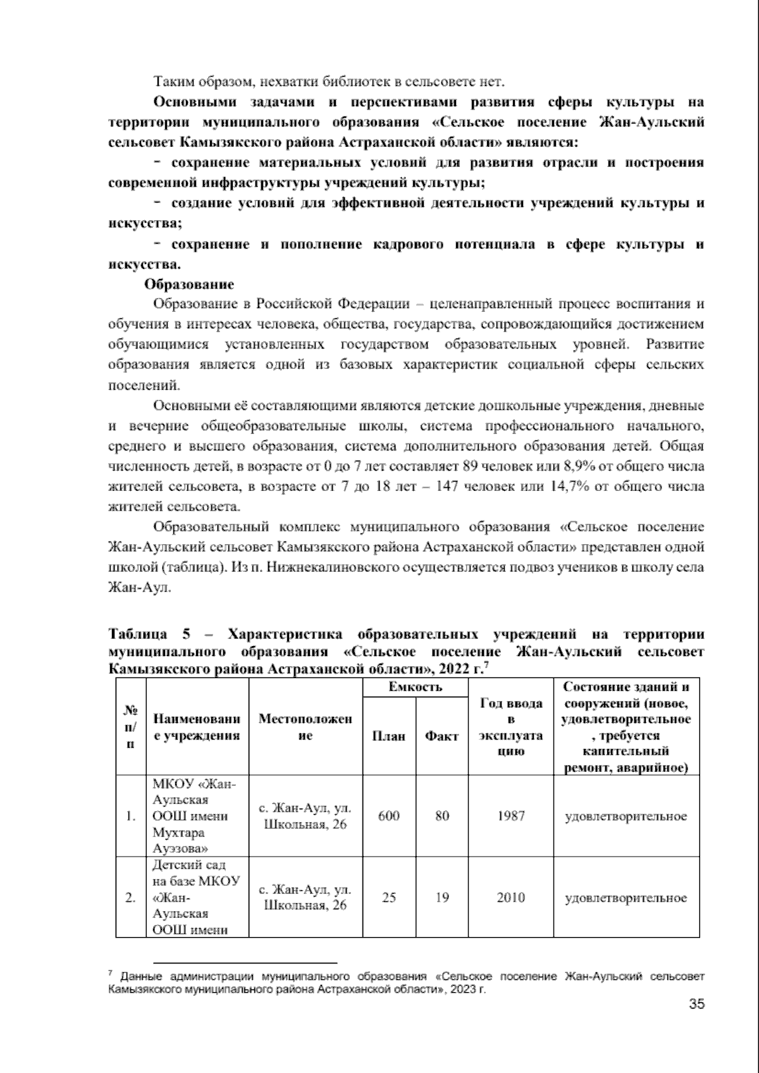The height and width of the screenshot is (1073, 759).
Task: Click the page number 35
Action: [x=696, y=1003]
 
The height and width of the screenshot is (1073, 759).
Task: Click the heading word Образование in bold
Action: [x=189, y=284]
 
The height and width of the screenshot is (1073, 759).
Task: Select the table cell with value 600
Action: [x=388, y=816]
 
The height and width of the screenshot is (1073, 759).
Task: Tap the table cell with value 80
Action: [x=442, y=816]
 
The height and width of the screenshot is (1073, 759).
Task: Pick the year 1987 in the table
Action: [x=510, y=816]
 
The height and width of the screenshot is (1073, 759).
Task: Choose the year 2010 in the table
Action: [x=510, y=897]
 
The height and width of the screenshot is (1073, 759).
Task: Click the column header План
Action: [x=388, y=736]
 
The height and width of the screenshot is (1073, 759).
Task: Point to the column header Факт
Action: [x=441, y=736]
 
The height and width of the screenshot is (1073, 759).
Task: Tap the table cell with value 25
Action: [x=389, y=897]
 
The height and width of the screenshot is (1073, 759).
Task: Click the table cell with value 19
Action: [x=442, y=897]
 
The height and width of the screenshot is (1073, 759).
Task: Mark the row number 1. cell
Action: [x=131, y=816]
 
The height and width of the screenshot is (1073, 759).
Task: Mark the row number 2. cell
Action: [x=131, y=897]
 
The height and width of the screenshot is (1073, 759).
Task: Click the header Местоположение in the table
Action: [x=305, y=728]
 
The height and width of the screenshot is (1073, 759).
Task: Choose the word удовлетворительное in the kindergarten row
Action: [x=626, y=897]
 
